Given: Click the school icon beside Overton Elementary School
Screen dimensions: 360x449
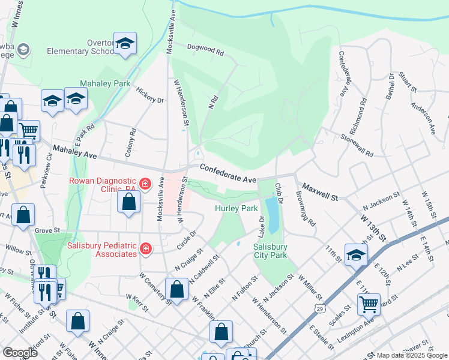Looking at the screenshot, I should (125, 44).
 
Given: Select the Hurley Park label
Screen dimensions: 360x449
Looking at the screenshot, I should (237, 209).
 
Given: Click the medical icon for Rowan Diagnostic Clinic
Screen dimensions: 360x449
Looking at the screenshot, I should (145, 182).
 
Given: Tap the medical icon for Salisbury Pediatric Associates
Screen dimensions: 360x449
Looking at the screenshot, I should (145, 248).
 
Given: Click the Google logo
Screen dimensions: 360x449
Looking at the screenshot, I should (20, 353).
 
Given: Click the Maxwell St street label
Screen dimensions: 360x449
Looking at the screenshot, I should (321, 192).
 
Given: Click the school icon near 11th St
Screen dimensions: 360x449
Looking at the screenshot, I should (356, 254).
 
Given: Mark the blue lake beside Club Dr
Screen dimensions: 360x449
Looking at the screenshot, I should (272, 214).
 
